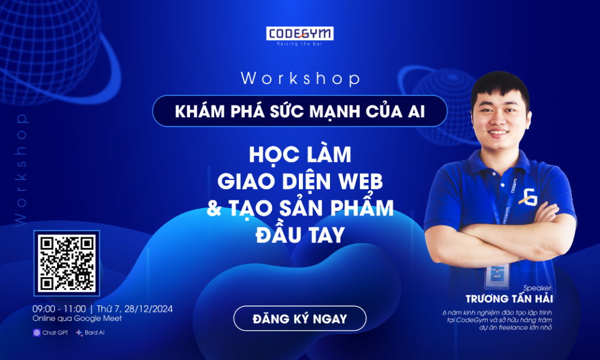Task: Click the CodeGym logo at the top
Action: [x=299, y=33]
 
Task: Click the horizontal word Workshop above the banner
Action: [x=300, y=79]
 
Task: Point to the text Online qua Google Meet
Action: [x=77, y=319]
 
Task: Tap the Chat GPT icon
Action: [x=37, y=332]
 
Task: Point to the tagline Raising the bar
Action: [x=299, y=44]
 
